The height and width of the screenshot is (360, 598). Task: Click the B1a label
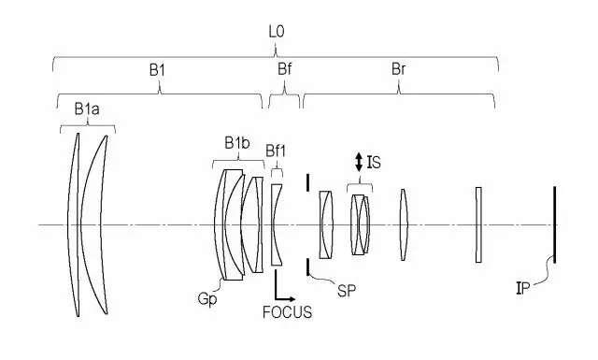coord(87,110)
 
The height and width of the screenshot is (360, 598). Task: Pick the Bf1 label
coord(277,151)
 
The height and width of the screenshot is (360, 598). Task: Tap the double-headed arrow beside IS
coord(358,162)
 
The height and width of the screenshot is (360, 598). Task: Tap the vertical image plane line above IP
coord(554,224)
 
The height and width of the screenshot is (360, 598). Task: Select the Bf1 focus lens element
coord(276,224)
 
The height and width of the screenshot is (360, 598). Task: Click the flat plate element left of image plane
coord(479,224)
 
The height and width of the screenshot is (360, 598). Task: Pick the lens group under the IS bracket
coord(361,224)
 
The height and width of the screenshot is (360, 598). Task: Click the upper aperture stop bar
coord(308,180)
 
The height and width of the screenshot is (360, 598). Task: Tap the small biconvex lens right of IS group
coord(404,224)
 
